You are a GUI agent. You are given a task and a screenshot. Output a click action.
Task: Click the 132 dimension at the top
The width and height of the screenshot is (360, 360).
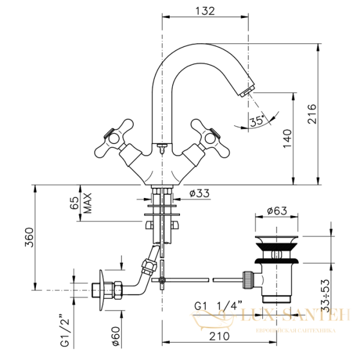pos(205,10)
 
